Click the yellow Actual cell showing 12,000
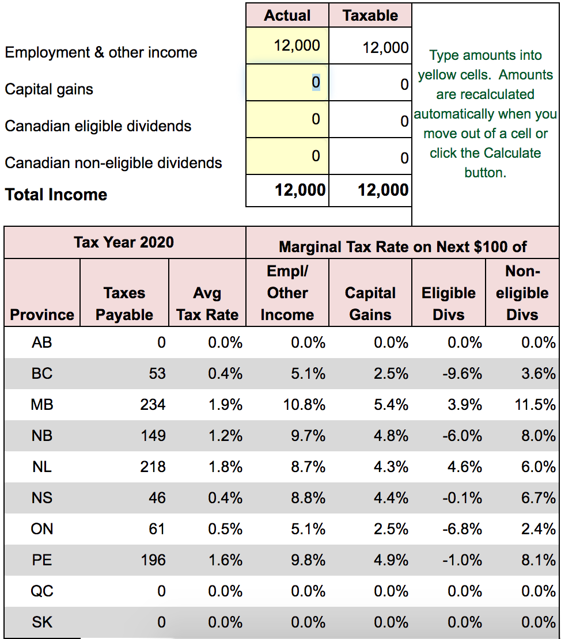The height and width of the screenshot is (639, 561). (x=287, y=45)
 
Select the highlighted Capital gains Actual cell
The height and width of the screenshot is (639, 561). (x=287, y=82)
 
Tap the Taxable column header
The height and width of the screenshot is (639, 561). (x=370, y=16)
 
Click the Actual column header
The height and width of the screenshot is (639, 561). (x=287, y=16)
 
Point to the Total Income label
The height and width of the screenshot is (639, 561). (x=56, y=195)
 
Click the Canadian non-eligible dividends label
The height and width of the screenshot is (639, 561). (x=113, y=163)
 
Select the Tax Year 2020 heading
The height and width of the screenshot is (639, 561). (x=124, y=242)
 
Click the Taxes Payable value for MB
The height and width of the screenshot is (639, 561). (x=153, y=405)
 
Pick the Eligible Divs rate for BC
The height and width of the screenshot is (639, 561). (x=463, y=374)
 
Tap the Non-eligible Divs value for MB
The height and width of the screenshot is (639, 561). (x=535, y=405)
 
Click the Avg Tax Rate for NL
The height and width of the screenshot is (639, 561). (x=225, y=467)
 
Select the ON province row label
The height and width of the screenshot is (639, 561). (x=42, y=529)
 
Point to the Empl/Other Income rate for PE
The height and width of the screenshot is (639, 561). (x=308, y=560)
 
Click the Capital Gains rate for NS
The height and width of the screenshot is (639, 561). (x=391, y=498)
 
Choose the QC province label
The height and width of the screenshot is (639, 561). (x=42, y=591)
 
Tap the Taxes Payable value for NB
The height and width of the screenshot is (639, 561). (x=153, y=436)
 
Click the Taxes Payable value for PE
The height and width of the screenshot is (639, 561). (x=153, y=560)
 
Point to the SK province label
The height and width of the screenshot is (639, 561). (x=42, y=622)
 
